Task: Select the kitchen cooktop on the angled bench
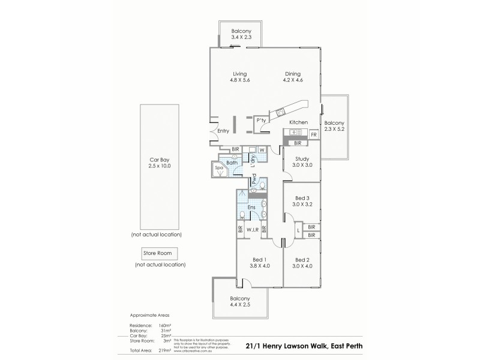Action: [280, 112]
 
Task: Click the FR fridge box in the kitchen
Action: [313, 135]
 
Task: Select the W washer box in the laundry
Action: [262, 150]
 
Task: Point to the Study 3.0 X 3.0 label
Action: [301, 161]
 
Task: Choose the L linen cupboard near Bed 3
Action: [298, 230]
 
